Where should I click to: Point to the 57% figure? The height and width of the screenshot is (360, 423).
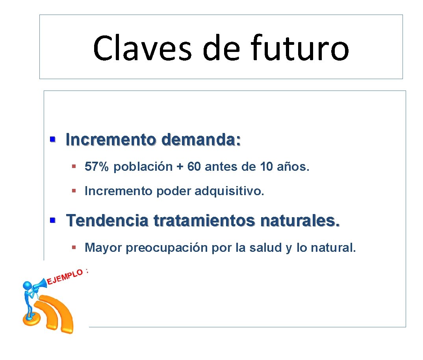pos(96,167)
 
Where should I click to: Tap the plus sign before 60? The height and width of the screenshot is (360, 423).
pos(180,167)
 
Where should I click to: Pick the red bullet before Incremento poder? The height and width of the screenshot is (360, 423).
pos(74,191)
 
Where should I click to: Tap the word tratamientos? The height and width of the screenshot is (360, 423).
pos(204,220)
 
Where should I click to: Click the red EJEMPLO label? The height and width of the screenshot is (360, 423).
pos(65,276)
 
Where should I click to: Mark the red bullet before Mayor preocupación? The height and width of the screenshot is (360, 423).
pos(74,247)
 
